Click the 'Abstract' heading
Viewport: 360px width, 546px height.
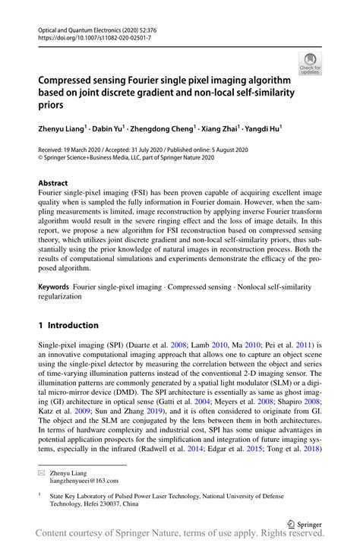[53, 183]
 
